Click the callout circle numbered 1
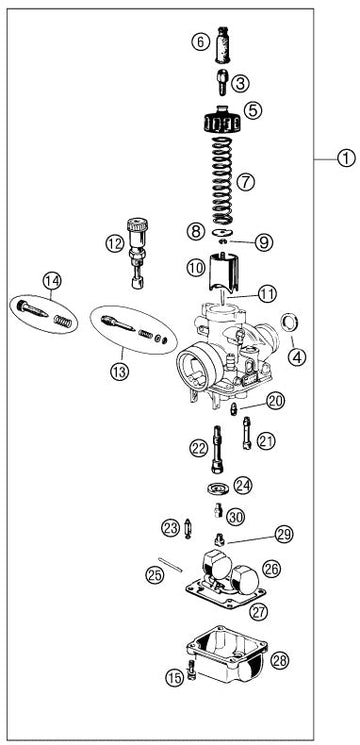tap(346, 157)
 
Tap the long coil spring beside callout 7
tap(222, 181)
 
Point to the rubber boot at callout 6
tap(223, 45)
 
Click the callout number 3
tap(240, 84)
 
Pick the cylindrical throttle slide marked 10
tap(223, 273)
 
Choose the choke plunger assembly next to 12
tap(137, 252)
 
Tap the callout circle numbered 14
tap(52, 281)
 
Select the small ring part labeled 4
tap(289, 323)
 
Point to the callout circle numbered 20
tap(275, 401)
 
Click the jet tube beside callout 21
tap(247, 432)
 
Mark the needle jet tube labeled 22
tap(217, 449)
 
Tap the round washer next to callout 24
tap(218, 488)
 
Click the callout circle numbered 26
tap(272, 569)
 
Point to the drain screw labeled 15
tap(191, 670)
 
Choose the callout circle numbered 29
tap(284, 534)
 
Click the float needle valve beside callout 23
tap(188, 528)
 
